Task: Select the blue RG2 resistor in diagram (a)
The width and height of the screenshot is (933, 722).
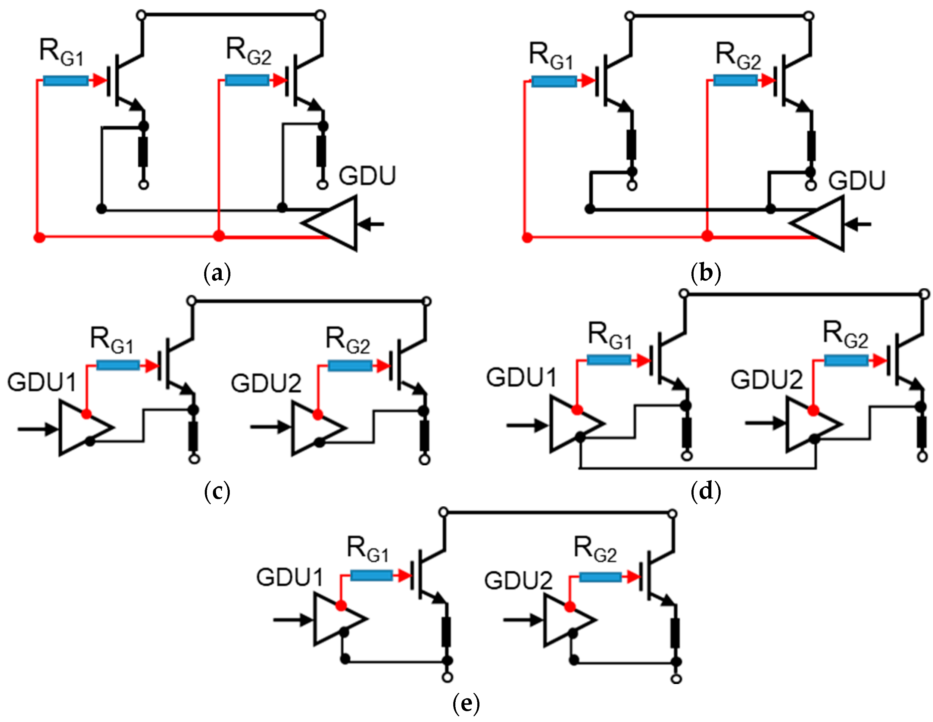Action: (x=247, y=80)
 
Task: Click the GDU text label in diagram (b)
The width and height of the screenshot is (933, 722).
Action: (x=857, y=181)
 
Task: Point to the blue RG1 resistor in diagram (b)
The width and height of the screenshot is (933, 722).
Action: (x=554, y=81)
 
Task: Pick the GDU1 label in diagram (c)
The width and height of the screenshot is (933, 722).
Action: (x=42, y=382)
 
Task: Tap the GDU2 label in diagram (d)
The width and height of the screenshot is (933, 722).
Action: (x=767, y=380)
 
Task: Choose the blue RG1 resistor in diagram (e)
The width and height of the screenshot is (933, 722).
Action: (x=371, y=576)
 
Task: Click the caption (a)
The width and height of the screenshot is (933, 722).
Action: (x=217, y=273)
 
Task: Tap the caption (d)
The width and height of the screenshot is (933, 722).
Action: (x=706, y=491)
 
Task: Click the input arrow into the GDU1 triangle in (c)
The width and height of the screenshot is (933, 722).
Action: (x=38, y=429)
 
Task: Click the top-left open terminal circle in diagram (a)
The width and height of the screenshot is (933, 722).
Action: (x=142, y=16)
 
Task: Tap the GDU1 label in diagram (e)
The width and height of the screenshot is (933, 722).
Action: (x=289, y=577)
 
